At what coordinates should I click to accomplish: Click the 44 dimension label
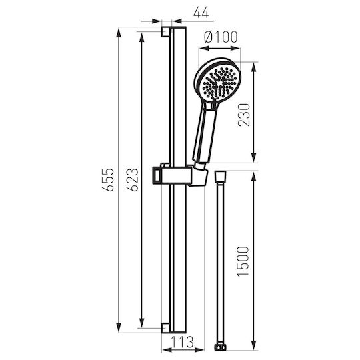pos(201,13)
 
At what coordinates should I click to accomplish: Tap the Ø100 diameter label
pos(221,37)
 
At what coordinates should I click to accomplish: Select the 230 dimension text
pos(244,115)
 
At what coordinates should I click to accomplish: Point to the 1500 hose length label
pos(243,261)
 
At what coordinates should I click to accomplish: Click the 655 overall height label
pos(108,180)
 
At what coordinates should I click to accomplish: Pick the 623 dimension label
pos(133,180)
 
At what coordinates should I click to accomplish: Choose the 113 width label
pos(183,342)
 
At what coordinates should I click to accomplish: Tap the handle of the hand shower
pos(205,133)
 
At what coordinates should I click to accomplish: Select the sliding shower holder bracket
pos(180,175)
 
